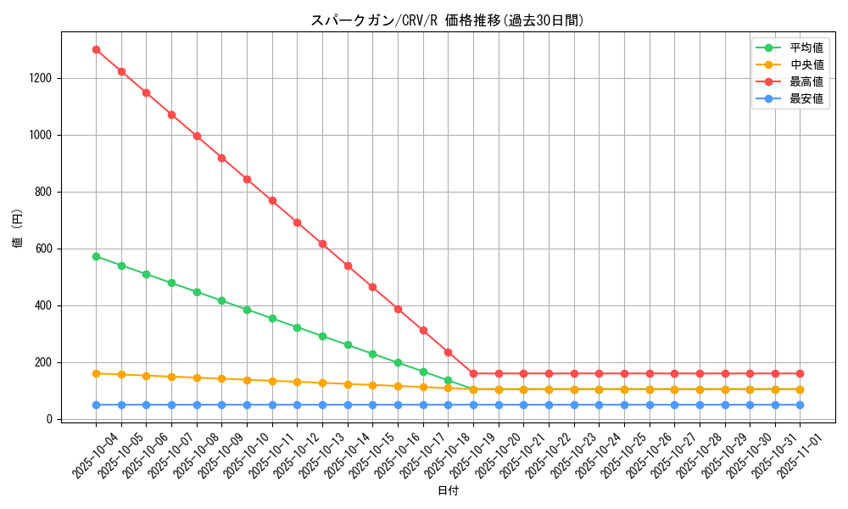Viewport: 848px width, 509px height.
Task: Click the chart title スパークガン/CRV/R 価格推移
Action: tap(448, 20)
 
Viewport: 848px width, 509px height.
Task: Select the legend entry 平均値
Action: tap(806, 48)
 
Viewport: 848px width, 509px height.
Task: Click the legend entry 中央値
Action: tap(806, 64)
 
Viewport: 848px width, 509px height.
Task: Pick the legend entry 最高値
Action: tap(806, 81)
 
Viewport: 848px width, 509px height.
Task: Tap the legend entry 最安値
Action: tap(806, 98)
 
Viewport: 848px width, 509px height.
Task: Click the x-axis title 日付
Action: tap(448, 491)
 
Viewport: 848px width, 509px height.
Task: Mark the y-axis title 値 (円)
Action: tap(18, 229)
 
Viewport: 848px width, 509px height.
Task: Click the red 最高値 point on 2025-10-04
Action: tap(96, 49)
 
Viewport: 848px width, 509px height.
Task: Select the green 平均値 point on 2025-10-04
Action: tap(96, 256)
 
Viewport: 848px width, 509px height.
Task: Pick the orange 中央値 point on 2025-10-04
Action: tap(96, 373)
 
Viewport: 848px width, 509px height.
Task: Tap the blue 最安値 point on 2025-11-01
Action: tap(800, 405)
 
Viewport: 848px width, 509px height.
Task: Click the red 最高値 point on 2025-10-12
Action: tap(297, 222)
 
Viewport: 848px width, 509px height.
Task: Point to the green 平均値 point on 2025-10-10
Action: tap(247, 310)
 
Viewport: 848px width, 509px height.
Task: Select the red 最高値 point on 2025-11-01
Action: tap(800, 373)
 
